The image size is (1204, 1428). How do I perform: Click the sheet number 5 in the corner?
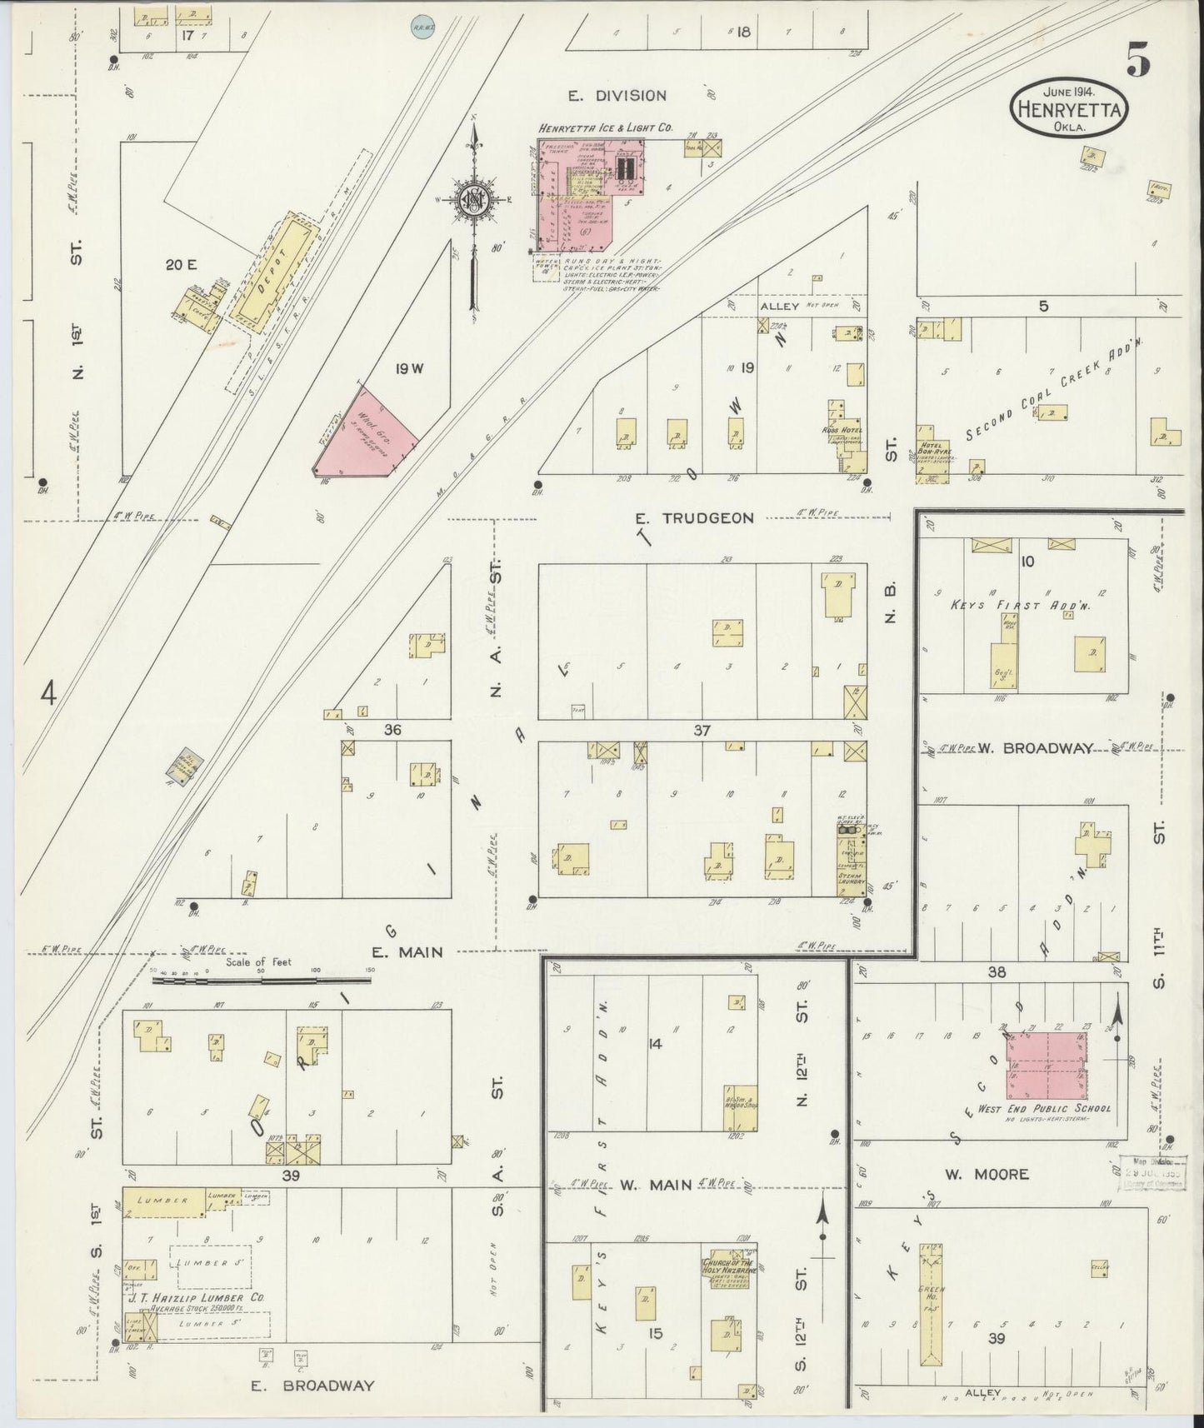coord(1139,60)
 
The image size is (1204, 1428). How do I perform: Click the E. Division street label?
coord(617,96)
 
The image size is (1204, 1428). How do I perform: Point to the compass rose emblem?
coord(473,201)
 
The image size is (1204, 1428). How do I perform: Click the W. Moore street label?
coord(987,1175)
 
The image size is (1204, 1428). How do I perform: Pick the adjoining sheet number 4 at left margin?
coord(49,692)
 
